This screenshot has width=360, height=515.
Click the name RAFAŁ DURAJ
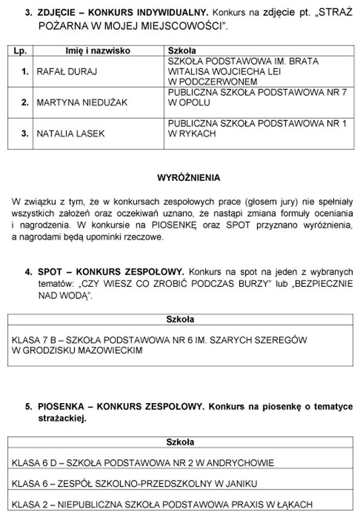click(x=64, y=72)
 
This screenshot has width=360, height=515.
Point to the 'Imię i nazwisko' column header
click(x=98, y=51)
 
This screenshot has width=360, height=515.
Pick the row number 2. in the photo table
click(x=25, y=103)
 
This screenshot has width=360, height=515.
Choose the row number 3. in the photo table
click(x=25, y=133)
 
